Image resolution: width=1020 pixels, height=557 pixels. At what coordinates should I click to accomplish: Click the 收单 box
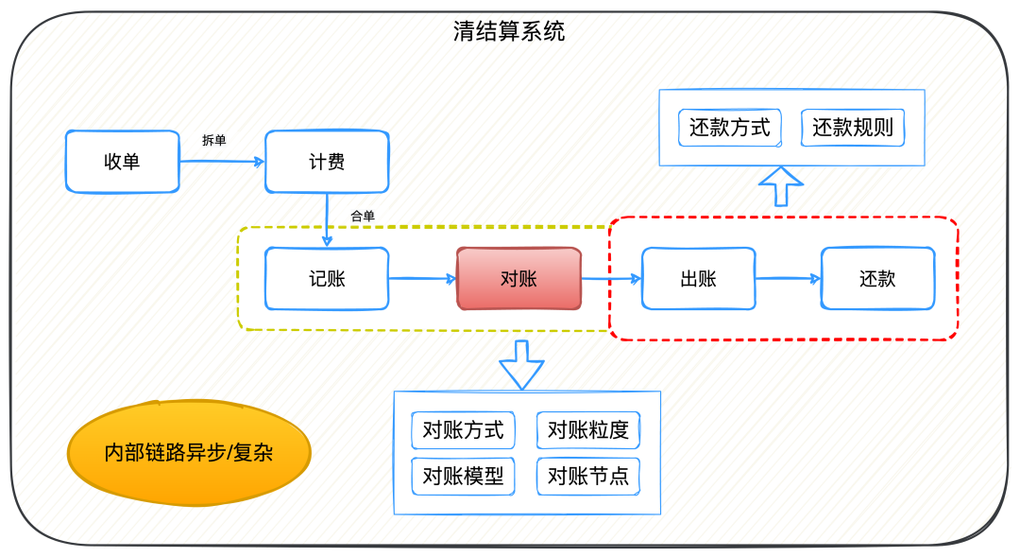(122, 162)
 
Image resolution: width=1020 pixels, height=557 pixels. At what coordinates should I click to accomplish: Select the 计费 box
(327, 162)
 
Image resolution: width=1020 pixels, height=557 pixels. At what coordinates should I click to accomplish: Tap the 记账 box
(327, 279)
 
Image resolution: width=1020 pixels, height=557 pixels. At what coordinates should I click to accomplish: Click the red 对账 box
(518, 279)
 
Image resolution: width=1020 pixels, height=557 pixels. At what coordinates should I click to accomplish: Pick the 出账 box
(698, 279)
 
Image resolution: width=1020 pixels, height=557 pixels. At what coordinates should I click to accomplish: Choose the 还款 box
(877, 279)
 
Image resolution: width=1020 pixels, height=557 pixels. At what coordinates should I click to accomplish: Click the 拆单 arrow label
(213, 141)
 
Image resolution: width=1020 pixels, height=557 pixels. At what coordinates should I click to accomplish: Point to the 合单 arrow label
(363, 217)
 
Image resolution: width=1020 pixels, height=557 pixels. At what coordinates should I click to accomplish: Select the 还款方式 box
(729, 128)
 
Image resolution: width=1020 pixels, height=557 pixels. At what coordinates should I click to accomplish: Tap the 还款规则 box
(853, 128)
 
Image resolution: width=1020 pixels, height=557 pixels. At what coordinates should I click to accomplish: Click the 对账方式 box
(463, 430)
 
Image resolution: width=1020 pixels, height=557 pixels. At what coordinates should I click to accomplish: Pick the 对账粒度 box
(587, 430)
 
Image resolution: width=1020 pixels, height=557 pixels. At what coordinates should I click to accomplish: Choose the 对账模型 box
(463, 476)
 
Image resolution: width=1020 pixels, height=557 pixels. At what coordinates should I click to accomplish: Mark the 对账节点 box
(587, 476)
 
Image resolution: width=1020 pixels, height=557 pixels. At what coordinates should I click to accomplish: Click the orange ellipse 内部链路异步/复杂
(189, 453)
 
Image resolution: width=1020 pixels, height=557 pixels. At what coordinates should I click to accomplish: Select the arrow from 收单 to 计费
(222, 162)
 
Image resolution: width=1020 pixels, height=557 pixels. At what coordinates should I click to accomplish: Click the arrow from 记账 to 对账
(422, 279)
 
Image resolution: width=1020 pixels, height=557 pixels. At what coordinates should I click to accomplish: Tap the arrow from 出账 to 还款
(788, 279)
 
